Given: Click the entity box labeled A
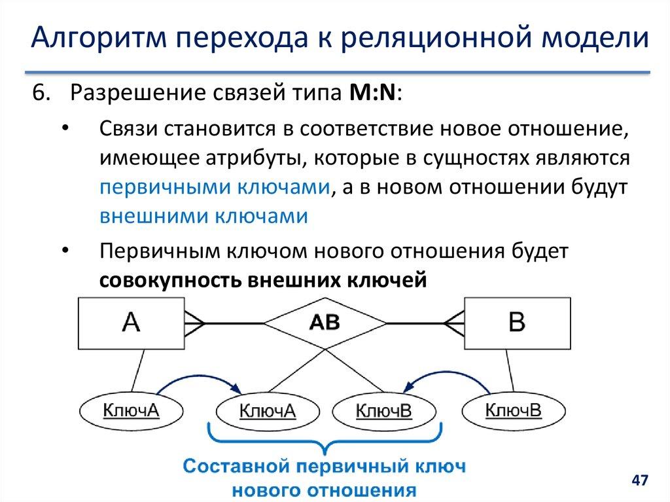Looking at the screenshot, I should (132, 323).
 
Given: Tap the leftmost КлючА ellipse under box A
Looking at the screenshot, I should (132, 411).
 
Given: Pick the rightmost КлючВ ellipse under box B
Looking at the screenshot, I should (513, 411).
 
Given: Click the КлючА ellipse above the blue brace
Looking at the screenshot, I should (268, 411).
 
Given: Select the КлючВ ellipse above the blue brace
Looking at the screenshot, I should (383, 411).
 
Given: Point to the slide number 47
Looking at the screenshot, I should (639, 481).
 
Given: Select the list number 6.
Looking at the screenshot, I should (41, 94).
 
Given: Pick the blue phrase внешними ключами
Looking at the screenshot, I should (203, 217).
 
